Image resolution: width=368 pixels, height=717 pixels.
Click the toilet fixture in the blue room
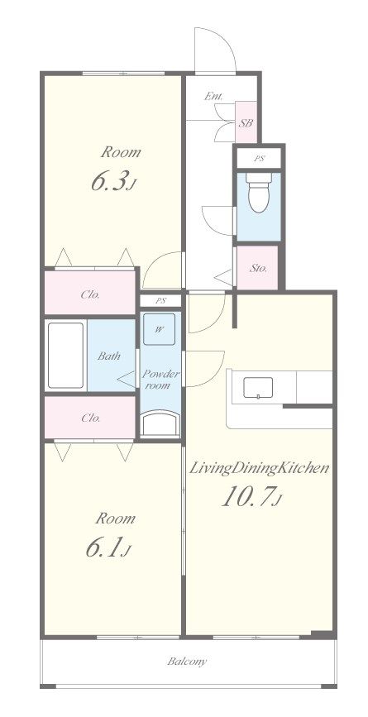click(x=259, y=192)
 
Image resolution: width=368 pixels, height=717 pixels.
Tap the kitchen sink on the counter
click(x=258, y=388)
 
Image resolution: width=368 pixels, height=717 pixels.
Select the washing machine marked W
click(x=159, y=329)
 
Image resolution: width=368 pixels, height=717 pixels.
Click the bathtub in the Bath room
click(x=66, y=356)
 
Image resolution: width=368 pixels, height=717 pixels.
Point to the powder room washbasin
click(x=160, y=423)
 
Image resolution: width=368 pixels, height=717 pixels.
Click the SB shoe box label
click(x=246, y=123)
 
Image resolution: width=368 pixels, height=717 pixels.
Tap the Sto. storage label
click(x=258, y=269)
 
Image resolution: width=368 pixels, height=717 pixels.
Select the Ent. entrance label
click(x=213, y=96)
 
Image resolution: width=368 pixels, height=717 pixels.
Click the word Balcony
click(x=187, y=662)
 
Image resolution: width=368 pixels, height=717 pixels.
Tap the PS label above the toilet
click(x=259, y=159)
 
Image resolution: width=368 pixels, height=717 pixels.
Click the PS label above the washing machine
click(x=160, y=301)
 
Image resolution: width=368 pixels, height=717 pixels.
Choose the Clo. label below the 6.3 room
click(x=90, y=295)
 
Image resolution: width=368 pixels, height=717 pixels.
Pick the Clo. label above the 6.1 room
click(x=90, y=418)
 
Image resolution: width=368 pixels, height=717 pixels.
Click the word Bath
click(x=109, y=356)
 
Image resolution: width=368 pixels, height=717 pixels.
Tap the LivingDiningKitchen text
click(x=259, y=468)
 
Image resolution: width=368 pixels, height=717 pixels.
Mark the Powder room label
click(x=160, y=380)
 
